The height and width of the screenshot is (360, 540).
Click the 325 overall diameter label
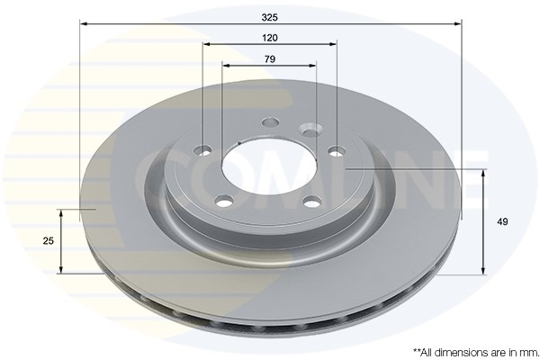(270, 17)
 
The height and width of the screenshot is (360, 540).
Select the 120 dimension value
(270, 38)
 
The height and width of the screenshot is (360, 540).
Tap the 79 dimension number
(270, 59)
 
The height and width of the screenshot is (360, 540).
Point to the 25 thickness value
(49, 241)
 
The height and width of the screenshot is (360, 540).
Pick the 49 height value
(502, 221)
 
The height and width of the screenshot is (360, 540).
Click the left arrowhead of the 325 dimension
(84, 23)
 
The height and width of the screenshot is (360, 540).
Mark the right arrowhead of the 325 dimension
(458, 23)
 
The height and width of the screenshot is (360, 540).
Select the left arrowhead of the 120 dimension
(207, 44)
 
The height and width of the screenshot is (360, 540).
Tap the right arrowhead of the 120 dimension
(333, 44)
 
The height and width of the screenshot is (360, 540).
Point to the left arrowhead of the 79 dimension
(226, 65)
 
